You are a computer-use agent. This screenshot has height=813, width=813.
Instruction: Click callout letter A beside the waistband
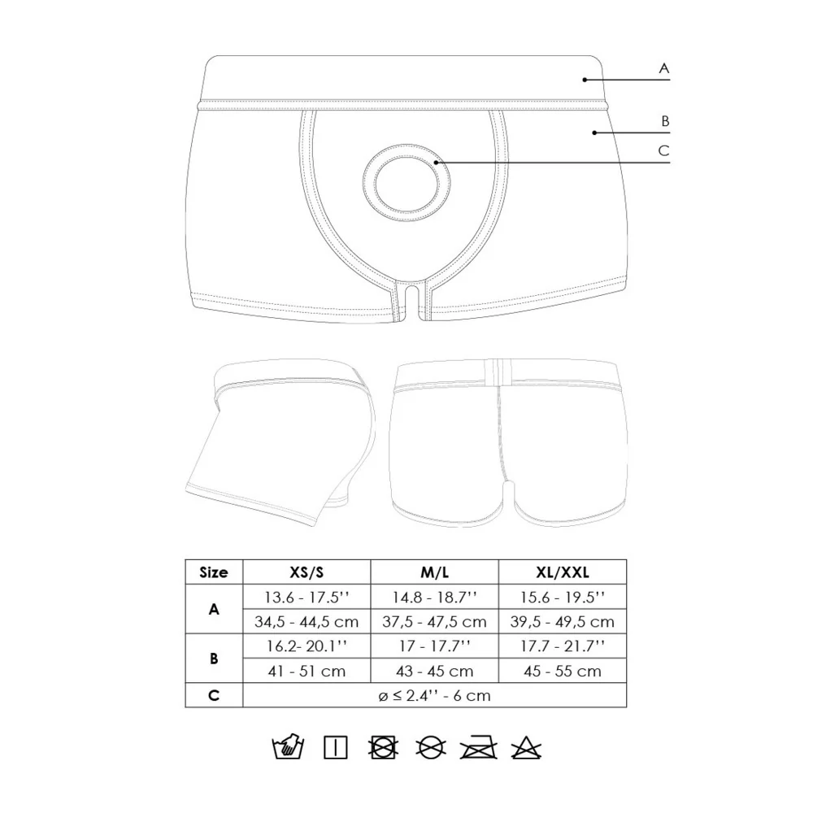(663, 68)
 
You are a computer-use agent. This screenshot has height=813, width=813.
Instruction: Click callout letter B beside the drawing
(665, 121)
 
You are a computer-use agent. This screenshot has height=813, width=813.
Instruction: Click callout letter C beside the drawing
(663, 151)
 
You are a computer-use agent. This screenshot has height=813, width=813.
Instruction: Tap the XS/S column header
(307, 572)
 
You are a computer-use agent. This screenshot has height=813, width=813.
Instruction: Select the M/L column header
(434, 572)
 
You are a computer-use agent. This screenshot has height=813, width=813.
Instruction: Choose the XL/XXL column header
(563, 572)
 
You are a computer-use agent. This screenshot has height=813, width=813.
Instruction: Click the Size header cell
(214, 572)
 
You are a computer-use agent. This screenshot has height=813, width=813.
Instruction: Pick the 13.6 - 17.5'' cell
(307, 598)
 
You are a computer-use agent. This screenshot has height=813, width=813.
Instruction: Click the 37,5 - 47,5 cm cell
(434, 622)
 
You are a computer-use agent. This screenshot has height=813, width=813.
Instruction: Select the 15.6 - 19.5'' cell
(563, 598)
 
